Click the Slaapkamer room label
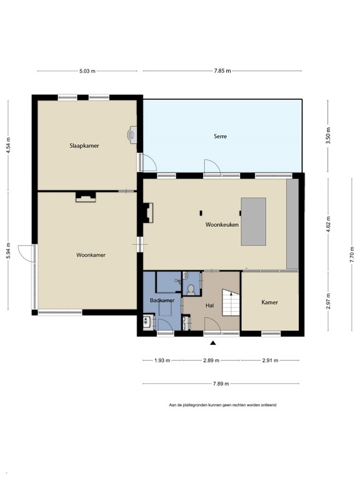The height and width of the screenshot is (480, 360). pos(84,145)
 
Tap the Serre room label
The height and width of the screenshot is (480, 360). pos(220,136)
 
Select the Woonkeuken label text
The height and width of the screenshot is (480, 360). pos(222,224)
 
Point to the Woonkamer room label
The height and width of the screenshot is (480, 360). pos(91,255)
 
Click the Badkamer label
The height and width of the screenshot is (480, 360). pos(161,301)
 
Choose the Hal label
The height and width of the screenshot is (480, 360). pos(210,306)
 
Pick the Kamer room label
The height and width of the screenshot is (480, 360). pos(269,302)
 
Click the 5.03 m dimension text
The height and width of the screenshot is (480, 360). pos(87,71)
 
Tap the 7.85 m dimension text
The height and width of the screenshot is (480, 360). pos(222,71)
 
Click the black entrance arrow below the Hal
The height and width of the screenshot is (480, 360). pos(212,343)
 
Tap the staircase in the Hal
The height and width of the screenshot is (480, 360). pos(231,305)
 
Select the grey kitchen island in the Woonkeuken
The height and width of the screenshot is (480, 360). pos(253,221)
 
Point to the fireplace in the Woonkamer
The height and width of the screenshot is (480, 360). pos(86,197)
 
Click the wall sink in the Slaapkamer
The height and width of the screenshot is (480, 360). pos(132,134)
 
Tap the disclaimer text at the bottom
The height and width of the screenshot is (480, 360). pos(222,405)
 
